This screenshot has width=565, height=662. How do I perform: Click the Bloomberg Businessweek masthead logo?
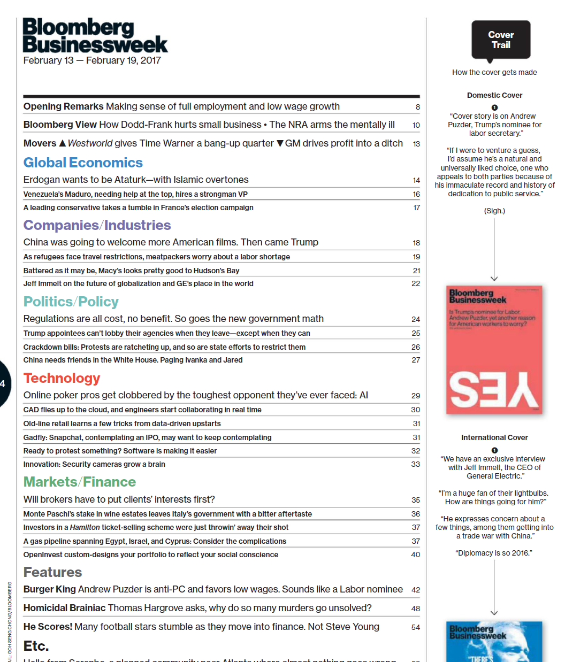pos(95,35)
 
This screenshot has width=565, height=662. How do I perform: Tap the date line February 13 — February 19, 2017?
pos(92,60)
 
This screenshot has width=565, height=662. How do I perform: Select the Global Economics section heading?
pos(83,163)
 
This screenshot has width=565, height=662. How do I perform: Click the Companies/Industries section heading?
pos(97,225)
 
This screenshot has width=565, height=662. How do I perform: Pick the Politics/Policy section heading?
pos(71,302)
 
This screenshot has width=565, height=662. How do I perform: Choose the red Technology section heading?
pos(62,378)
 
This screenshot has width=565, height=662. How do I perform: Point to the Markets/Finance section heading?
pos(79,482)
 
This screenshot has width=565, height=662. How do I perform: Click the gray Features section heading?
pos(52,572)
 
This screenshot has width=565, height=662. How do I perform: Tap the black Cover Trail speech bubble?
pos(501,40)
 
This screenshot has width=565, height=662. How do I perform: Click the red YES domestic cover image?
pos(494,350)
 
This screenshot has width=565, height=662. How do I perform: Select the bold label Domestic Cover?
pos(494,95)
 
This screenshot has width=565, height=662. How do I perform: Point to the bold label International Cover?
pos(494,437)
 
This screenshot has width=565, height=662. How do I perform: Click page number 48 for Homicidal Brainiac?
pos(416,609)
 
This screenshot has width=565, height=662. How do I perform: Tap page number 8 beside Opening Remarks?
pos(418,107)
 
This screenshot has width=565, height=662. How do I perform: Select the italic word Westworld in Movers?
pos(90,143)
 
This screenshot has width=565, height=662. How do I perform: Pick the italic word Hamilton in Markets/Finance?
pos(85,527)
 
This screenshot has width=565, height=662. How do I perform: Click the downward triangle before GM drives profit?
pos(280,143)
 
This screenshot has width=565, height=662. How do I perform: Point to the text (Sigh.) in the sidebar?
pos(494,211)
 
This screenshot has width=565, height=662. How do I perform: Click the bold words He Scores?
pos(48,627)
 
